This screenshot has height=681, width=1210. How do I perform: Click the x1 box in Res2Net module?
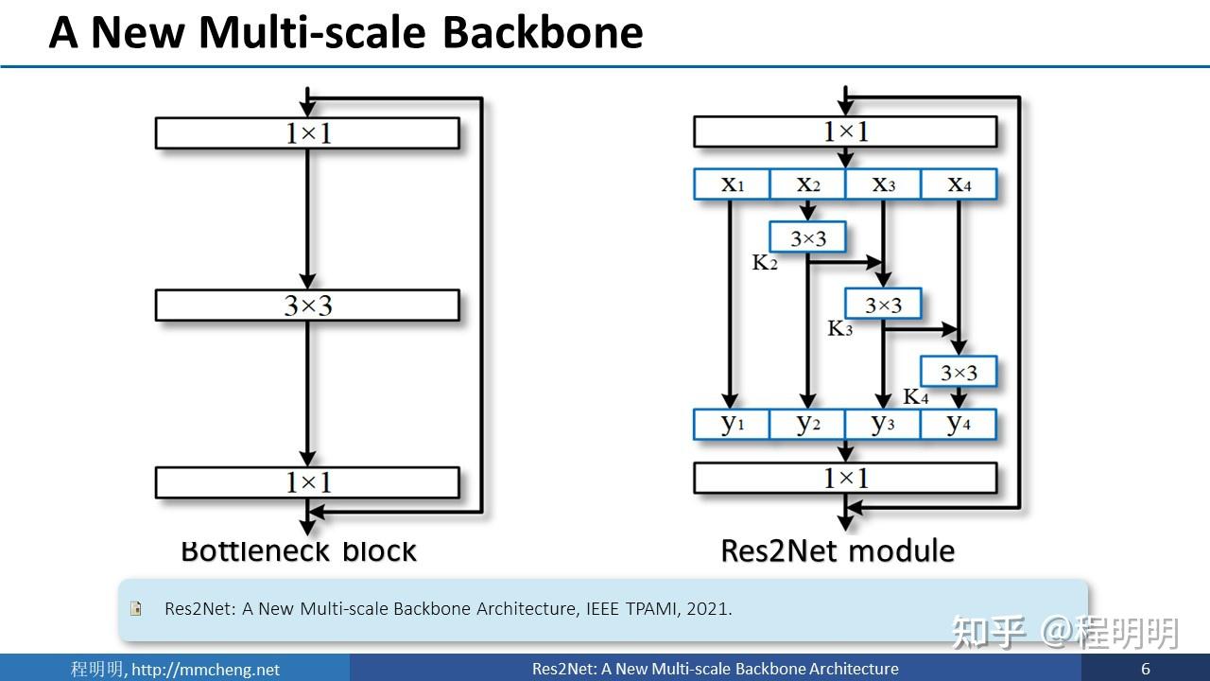coord(732,184)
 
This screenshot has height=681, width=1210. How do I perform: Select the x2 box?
coord(807,184)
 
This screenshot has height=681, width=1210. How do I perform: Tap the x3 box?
coord(883,184)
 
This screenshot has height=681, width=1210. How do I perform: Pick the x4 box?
coord(959,184)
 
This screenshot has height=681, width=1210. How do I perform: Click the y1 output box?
coord(732,424)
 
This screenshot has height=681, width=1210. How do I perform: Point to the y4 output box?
coord(959,424)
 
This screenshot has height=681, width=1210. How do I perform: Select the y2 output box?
coord(807,424)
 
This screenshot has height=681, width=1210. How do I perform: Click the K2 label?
coord(765,263)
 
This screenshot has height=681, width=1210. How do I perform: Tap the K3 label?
coord(840,329)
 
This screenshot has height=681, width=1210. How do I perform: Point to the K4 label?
coord(916,396)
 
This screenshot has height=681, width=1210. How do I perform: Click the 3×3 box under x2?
coord(807,238)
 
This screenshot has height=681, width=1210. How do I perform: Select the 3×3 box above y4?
coord(959,373)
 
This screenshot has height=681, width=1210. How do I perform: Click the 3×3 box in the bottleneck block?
coord(307,306)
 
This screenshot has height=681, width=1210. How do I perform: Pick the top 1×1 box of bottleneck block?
coord(307,133)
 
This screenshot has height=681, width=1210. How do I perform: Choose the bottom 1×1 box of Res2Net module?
coord(845,479)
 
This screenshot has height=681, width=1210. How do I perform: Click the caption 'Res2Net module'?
coord(838,550)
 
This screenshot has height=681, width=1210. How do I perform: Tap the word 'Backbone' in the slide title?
coord(543,32)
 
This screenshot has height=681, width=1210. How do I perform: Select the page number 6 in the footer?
coord(1146,669)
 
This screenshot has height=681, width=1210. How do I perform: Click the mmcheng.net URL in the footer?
coord(205,669)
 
